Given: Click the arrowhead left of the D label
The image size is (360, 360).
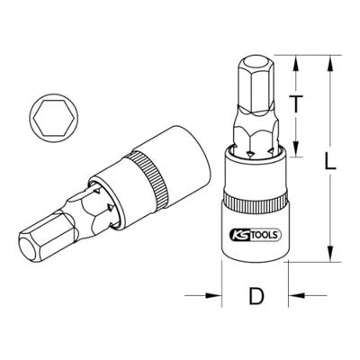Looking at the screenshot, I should tap(216, 293).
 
